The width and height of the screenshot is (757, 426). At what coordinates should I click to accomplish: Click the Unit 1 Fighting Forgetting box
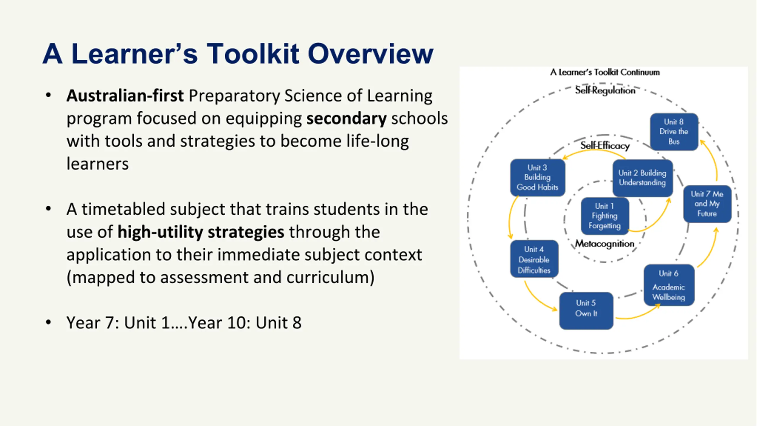tap(605, 216)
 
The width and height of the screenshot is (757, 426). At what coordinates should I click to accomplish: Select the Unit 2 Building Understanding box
tap(643, 178)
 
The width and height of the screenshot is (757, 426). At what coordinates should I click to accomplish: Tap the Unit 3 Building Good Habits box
tap(538, 178)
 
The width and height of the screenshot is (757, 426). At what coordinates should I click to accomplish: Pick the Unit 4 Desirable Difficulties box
tap(534, 259)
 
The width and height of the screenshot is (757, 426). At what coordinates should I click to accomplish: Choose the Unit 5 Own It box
tap(586, 311)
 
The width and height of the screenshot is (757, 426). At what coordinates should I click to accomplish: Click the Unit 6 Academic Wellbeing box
tap(669, 285)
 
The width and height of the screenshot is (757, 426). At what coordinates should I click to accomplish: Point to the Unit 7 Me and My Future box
tap(707, 204)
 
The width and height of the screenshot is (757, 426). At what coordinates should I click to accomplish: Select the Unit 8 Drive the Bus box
tap(674, 132)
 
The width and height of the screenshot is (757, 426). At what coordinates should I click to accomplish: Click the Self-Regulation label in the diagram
tap(605, 90)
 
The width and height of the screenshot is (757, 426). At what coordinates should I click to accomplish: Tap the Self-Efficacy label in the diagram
tap(605, 146)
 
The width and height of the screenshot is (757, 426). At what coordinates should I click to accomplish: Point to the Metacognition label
tap(605, 244)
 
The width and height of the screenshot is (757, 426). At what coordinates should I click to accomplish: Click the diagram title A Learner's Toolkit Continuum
tap(605, 72)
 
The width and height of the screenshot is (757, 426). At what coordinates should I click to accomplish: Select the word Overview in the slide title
tap(371, 54)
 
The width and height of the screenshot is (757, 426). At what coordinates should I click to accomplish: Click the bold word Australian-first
tap(125, 96)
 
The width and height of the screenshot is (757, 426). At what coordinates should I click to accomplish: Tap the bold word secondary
tap(346, 118)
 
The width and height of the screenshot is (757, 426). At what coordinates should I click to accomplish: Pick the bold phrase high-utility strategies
tap(201, 232)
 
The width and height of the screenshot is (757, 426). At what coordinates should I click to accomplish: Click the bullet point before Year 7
tap(48, 322)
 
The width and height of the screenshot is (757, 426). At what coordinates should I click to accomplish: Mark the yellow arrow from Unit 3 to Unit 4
tap(509, 217)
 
